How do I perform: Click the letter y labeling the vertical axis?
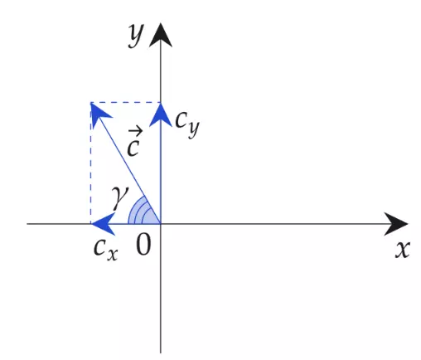pyautogui.click(x=136, y=36)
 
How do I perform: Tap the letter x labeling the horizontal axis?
pyautogui.click(x=402, y=250)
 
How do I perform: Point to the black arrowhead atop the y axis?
pyautogui.click(x=161, y=36)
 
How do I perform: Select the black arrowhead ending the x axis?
pyautogui.click(x=396, y=224)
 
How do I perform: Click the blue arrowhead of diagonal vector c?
pyautogui.click(x=99, y=114)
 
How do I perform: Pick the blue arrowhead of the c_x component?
pyautogui.click(x=103, y=224)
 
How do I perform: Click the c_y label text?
pyautogui.click(x=187, y=124)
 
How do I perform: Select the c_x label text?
pyautogui.click(x=106, y=250)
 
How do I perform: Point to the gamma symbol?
pyautogui.click(x=120, y=197)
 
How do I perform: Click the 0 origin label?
pyautogui.click(x=143, y=244)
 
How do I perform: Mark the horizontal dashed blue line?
pyautogui.click(x=126, y=103)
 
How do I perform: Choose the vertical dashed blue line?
pyautogui.click(x=90, y=163)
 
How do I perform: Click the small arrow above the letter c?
pyautogui.click(x=136, y=131)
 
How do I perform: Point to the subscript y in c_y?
pyautogui.click(x=194, y=129)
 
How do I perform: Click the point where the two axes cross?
pyautogui.click(x=161, y=224)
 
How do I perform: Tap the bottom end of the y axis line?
pyautogui.click(x=161, y=353)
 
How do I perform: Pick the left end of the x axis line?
pyautogui.click(x=27, y=224)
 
